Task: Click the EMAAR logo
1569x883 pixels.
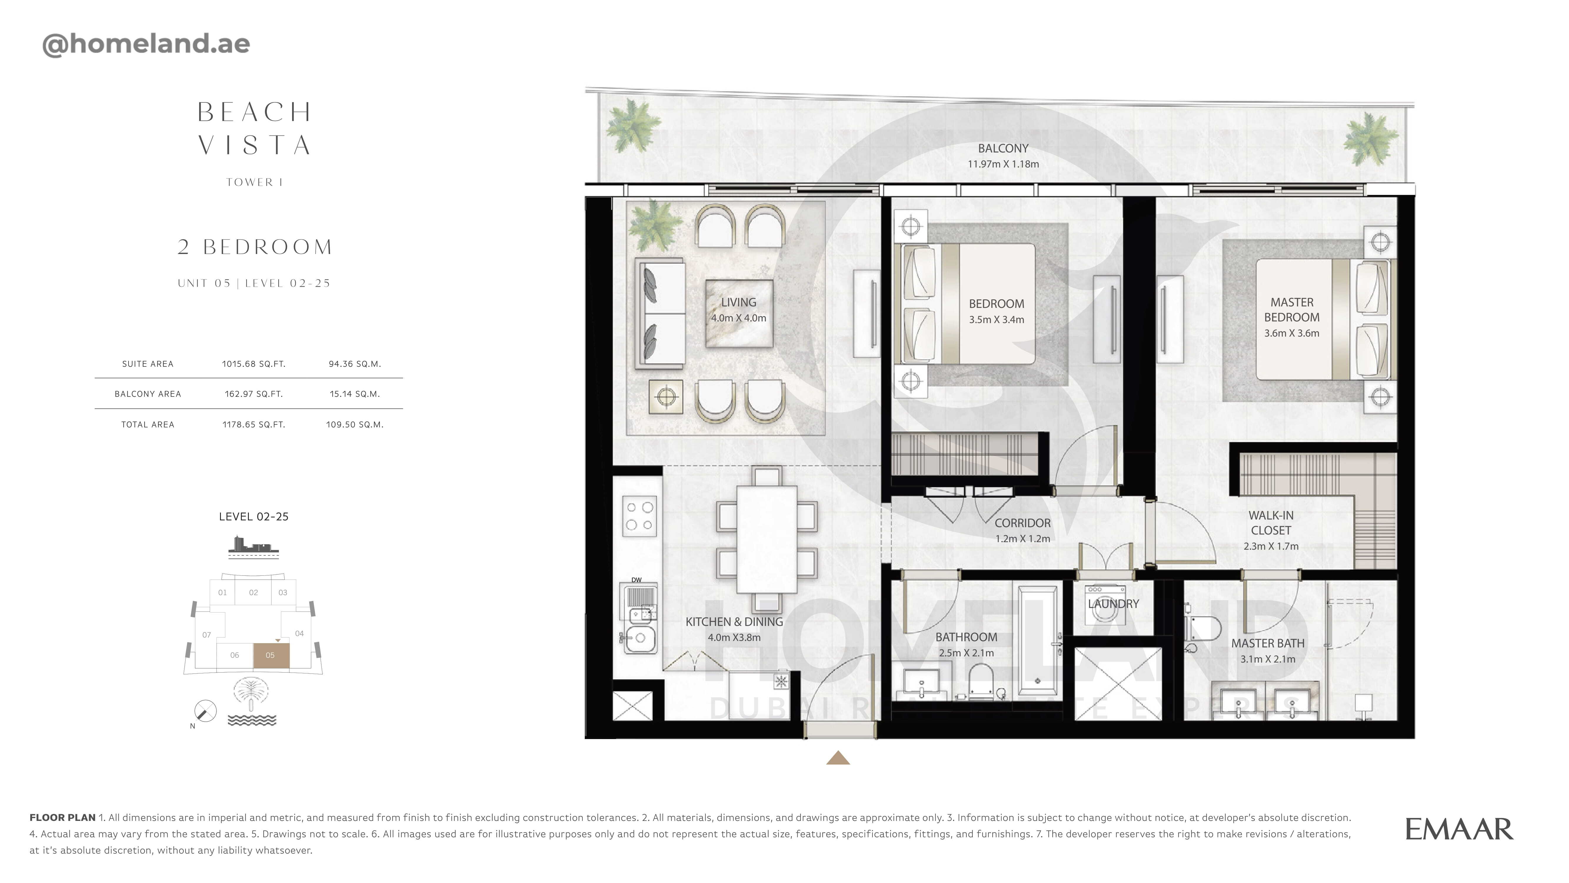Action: coord(1459,829)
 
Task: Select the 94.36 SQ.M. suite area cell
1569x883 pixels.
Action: coord(354,364)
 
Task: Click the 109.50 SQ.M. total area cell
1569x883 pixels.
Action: coord(354,425)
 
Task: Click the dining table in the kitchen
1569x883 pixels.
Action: coord(767,539)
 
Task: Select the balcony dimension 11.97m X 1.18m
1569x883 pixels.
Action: coord(1003,164)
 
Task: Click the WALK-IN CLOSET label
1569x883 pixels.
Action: coord(1271,523)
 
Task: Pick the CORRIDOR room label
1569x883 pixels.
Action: coord(1023,523)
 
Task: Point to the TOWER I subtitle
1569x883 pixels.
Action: coord(255,182)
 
